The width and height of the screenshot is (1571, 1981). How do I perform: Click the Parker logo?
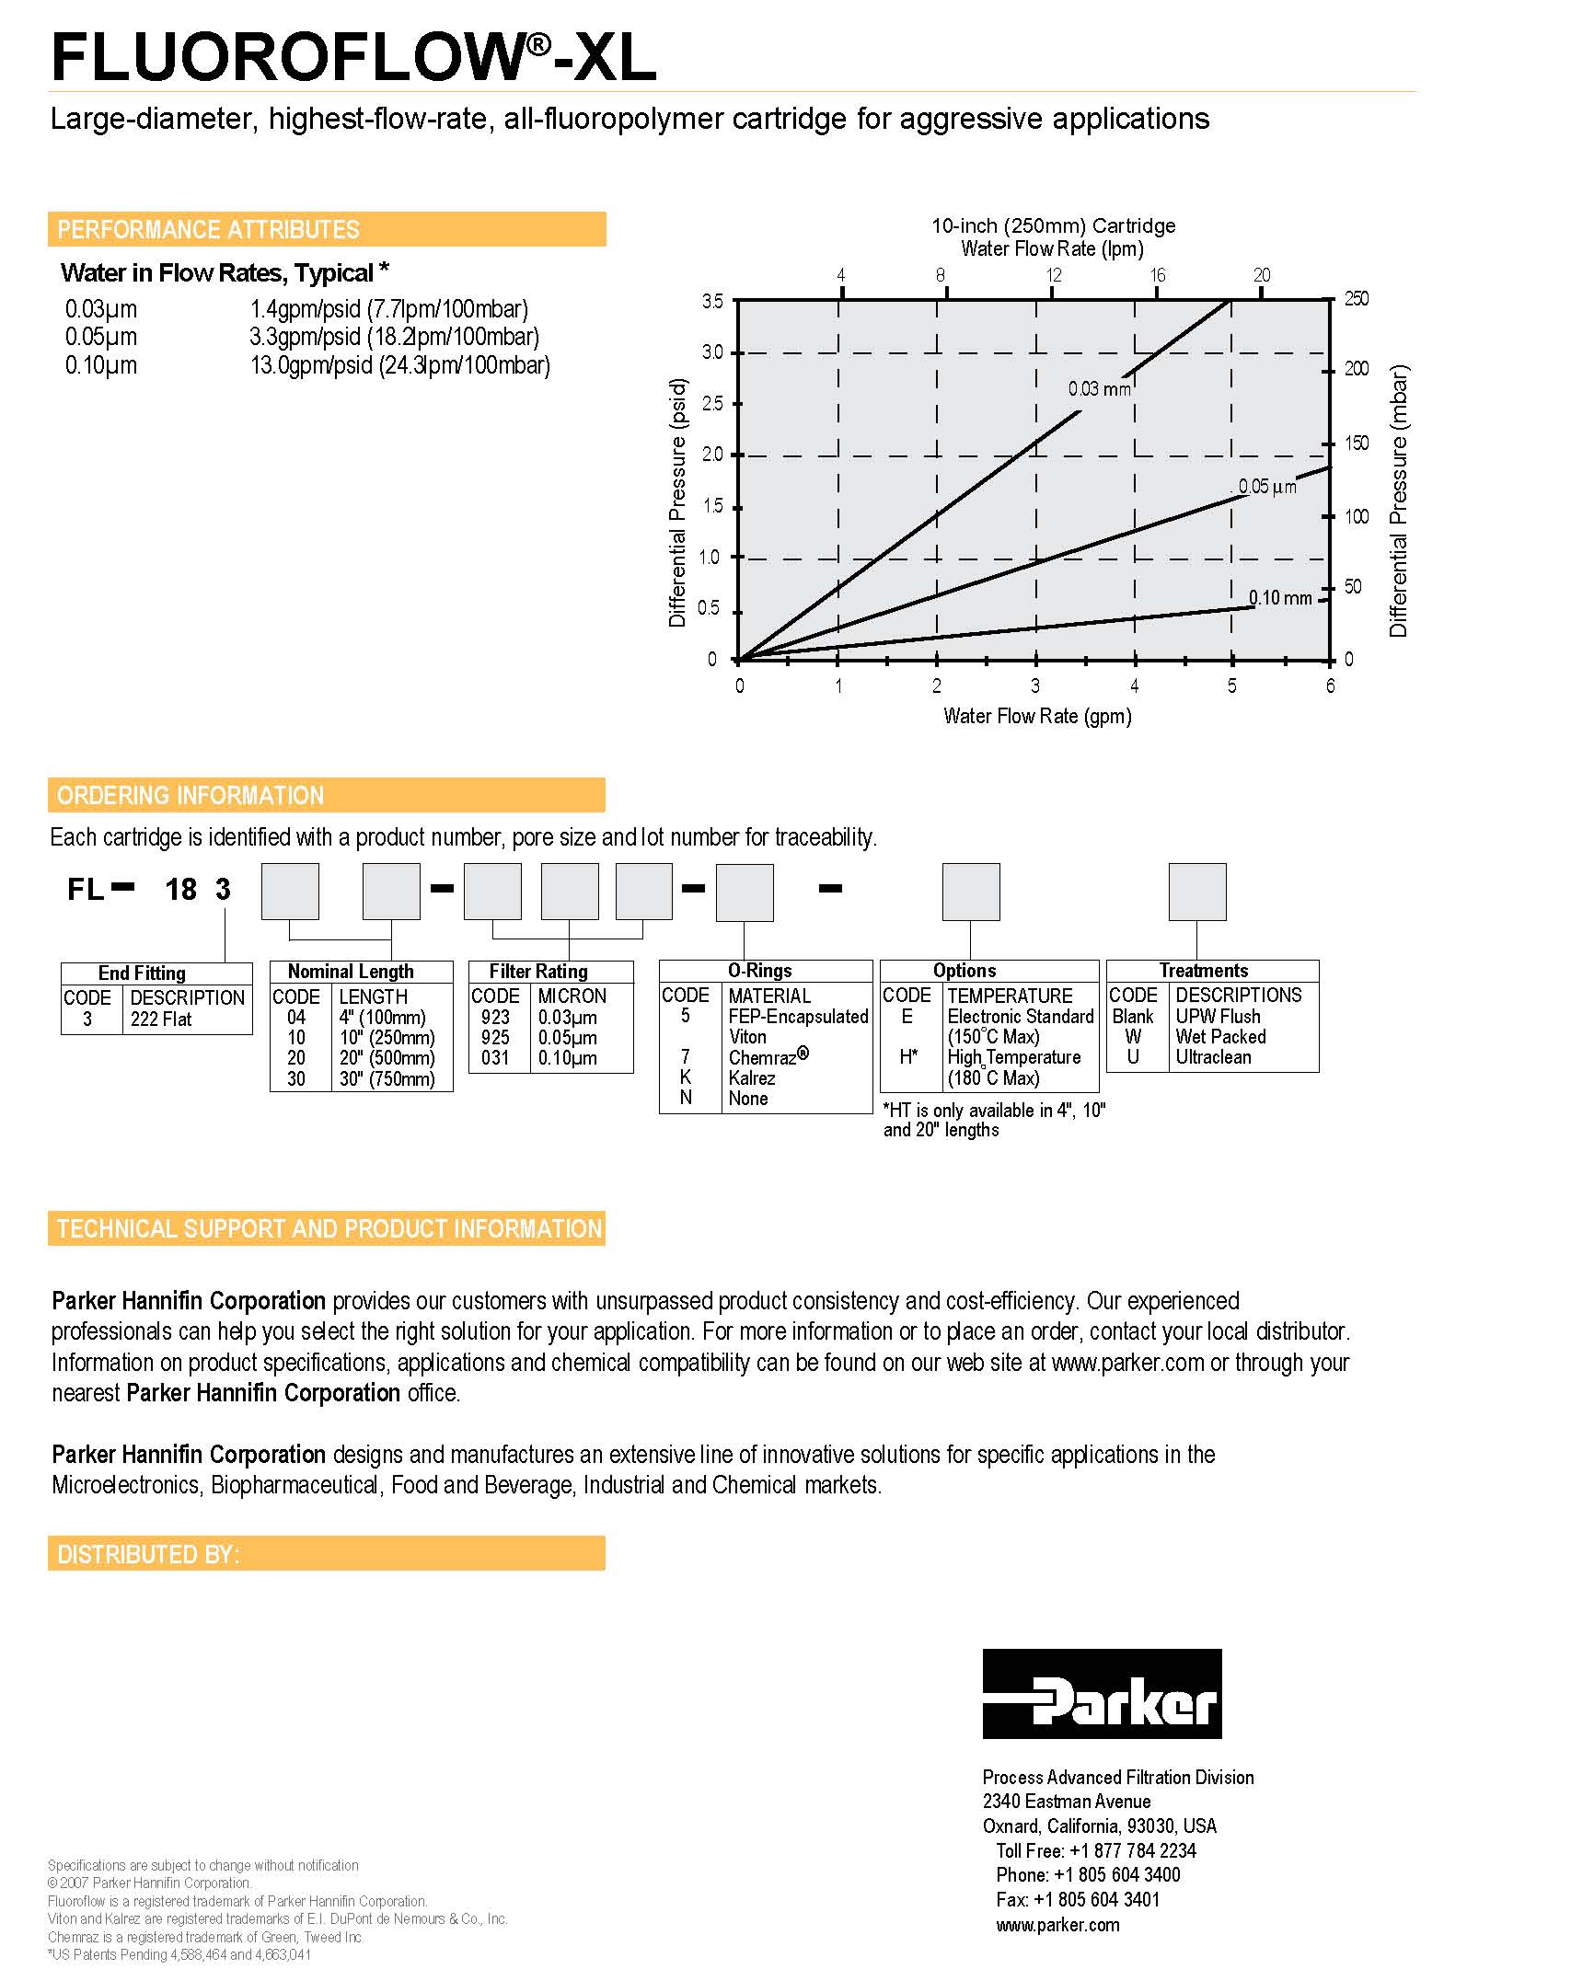pyautogui.click(x=1102, y=1693)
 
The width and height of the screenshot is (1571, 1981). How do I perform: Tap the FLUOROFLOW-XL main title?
pyautogui.click(x=353, y=57)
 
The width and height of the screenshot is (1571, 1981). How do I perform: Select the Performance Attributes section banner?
pyautogui.click(x=327, y=229)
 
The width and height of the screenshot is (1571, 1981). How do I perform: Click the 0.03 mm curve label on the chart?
pyautogui.click(x=1099, y=389)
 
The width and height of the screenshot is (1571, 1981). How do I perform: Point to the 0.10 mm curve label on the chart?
pyautogui.click(x=1280, y=598)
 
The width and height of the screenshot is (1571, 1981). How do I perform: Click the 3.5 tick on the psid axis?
pyautogui.click(x=712, y=301)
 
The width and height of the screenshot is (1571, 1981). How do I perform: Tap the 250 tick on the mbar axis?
pyautogui.click(x=1357, y=299)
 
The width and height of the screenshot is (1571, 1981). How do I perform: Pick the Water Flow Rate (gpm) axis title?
pyautogui.click(x=1037, y=716)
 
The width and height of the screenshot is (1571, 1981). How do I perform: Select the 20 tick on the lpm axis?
pyautogui.click(x=1262, y=275)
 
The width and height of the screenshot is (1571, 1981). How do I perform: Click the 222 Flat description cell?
pyautogui.click(x=162, y=1019)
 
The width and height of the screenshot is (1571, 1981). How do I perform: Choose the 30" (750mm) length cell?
pyautogui.click(x=387, y=1078)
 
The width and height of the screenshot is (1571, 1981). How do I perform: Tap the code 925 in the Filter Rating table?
pyautogui.click(x=495, y=1038)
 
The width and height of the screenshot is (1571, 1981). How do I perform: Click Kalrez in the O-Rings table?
pyautogui.click(x=752, y=1078)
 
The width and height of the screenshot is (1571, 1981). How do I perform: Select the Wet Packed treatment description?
pyautogui.click(x=1220, y=1037)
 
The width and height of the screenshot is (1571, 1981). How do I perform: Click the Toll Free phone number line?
pyautogui.click(x=1095, y=1850)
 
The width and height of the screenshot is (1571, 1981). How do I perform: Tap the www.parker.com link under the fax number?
pyautogui.click(x=1057, y=1925)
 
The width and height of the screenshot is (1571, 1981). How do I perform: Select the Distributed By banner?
pyautogui.click(x=327, y=1554)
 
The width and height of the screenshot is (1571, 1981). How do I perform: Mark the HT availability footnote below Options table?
pyautogui.click(x=994, y=1120)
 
